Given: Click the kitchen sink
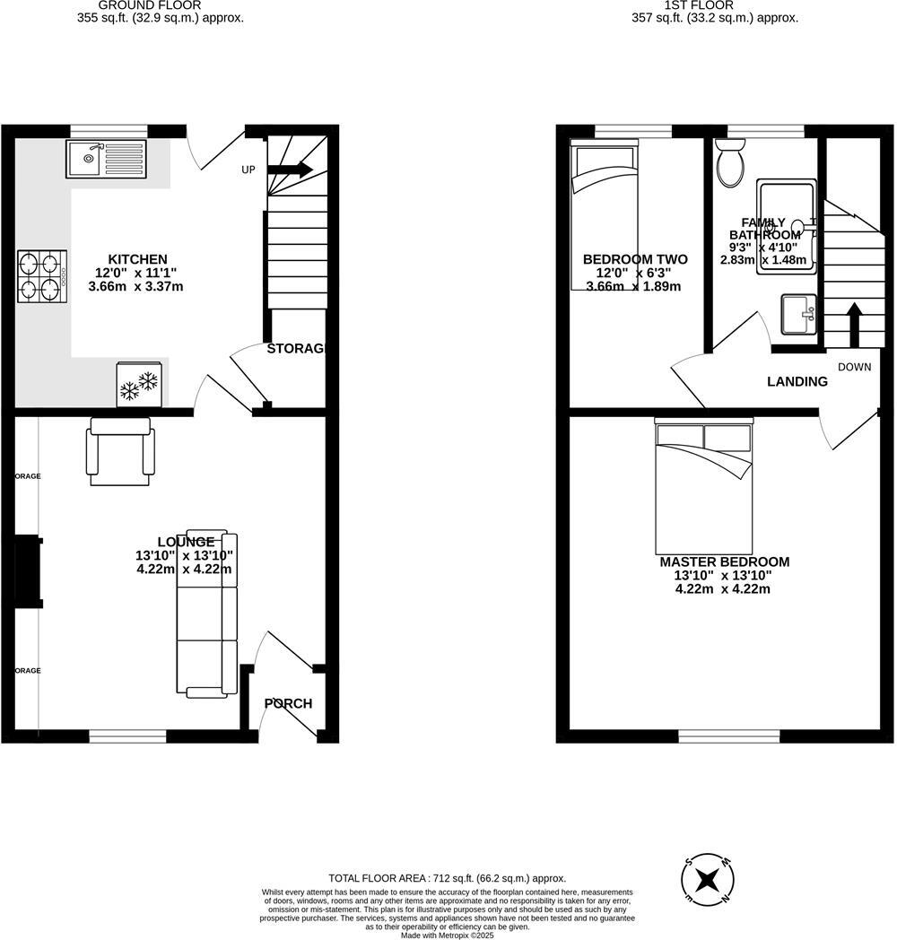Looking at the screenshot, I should click(105, 160).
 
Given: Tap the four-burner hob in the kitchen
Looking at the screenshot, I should click(42, 276).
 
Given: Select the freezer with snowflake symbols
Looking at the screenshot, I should click(138, 383).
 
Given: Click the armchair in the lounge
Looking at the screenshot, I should click(120, 455).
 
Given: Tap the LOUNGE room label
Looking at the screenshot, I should click(186, 542).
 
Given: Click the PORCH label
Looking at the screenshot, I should click(288, 703).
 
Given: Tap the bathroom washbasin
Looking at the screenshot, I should click(799, 315).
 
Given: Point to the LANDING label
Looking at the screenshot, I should click(797, 381).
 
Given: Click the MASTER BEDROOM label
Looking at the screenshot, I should click(724, 562).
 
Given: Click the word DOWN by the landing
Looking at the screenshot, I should click(854, 367).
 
